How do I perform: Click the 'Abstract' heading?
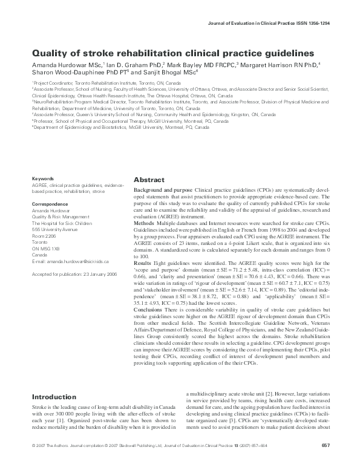tap(149, 180)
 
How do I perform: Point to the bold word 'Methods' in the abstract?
tap(144, 223)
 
